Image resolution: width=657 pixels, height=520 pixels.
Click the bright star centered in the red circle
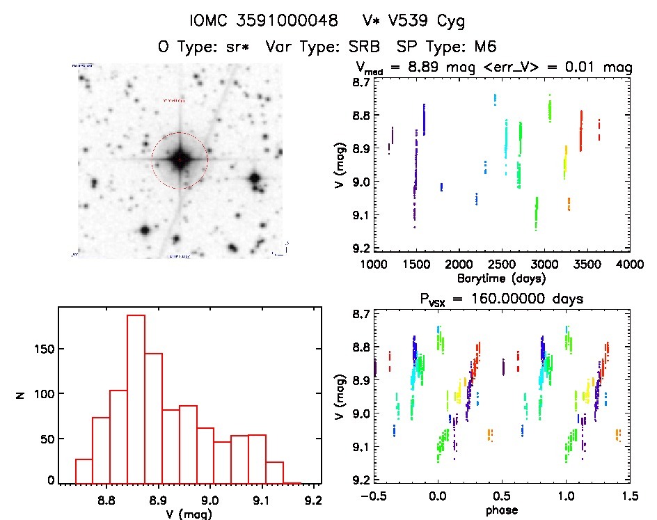point(180,160)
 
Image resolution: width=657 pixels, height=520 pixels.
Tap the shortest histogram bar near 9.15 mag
point(292,482)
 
